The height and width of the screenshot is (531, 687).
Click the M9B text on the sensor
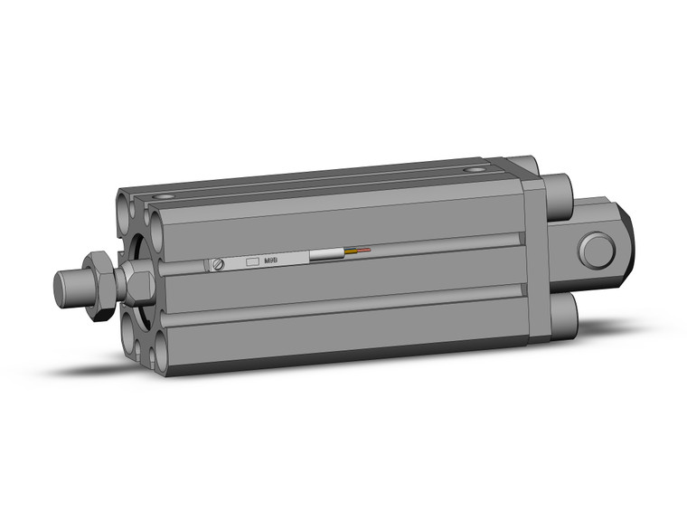coord(271,261)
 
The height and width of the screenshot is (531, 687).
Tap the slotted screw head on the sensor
coord(217,264)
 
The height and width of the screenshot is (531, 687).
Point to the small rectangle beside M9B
coord(253,261)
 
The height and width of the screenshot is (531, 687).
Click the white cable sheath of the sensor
coord(325,255)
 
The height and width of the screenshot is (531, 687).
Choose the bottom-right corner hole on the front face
coord(161,353)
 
